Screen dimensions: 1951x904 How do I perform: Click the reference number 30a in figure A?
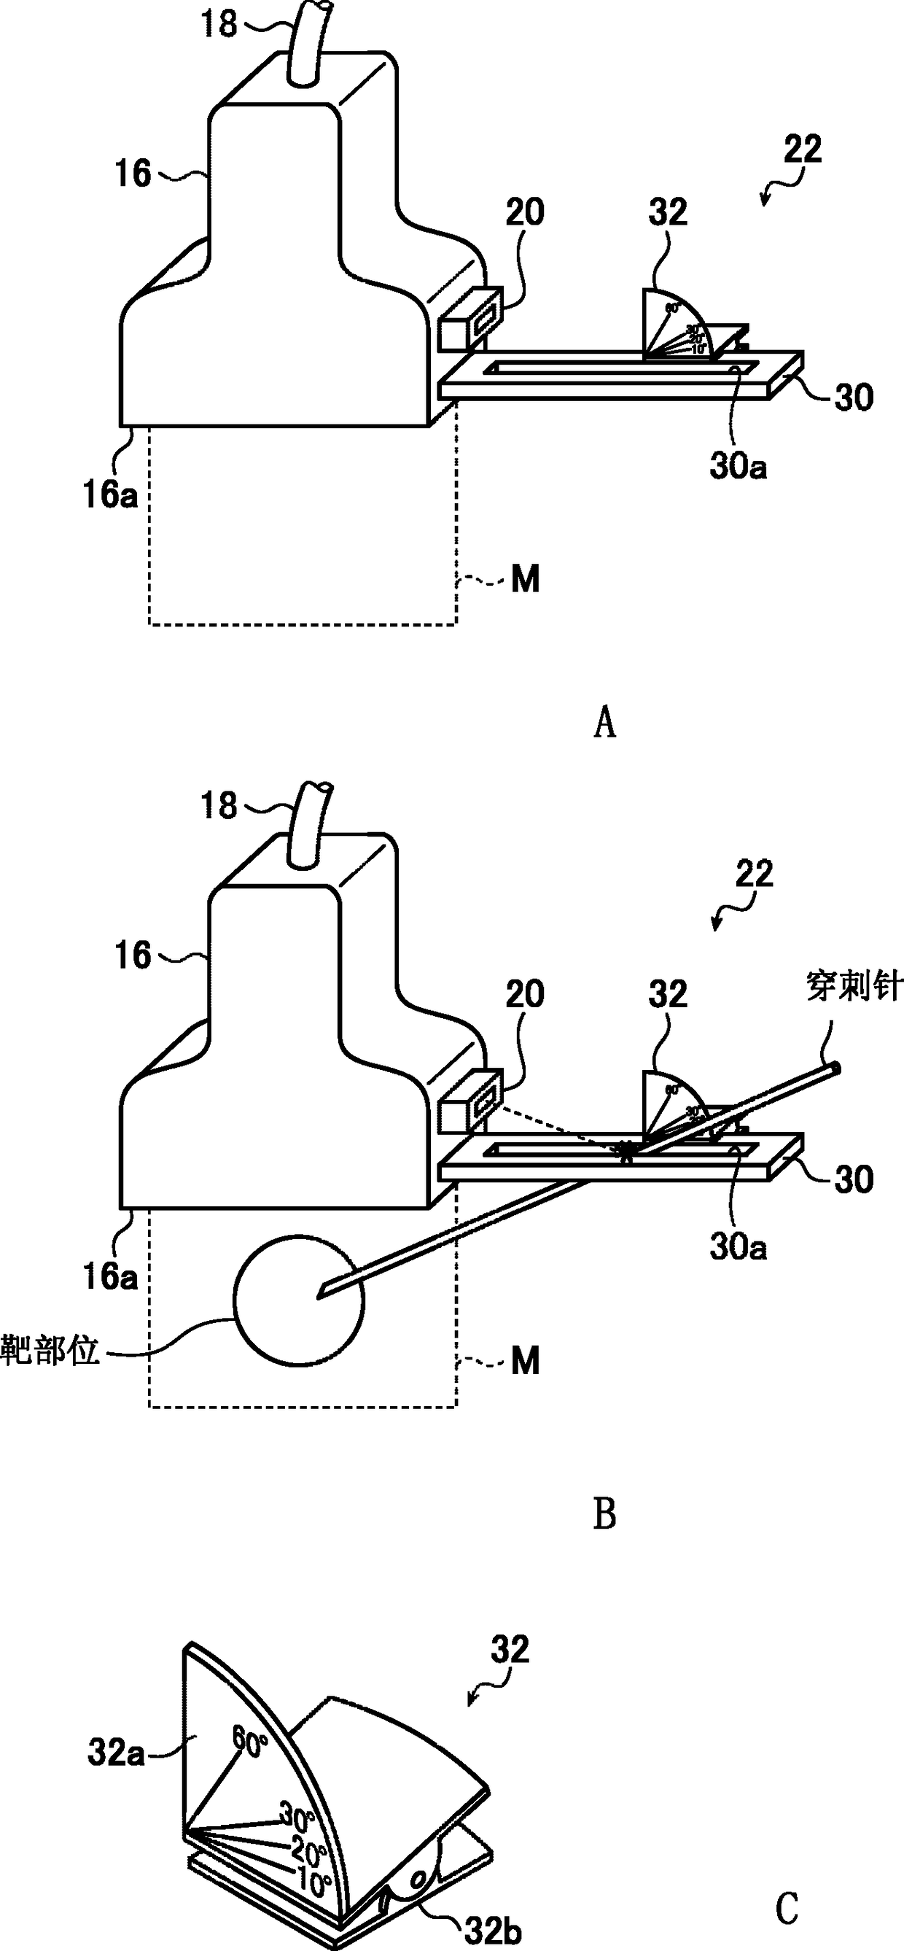[738, 468]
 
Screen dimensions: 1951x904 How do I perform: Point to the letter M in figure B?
[526, 1361]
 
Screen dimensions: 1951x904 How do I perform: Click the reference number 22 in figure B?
[754, 874]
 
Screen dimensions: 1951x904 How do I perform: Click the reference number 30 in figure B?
[854, 1179]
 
